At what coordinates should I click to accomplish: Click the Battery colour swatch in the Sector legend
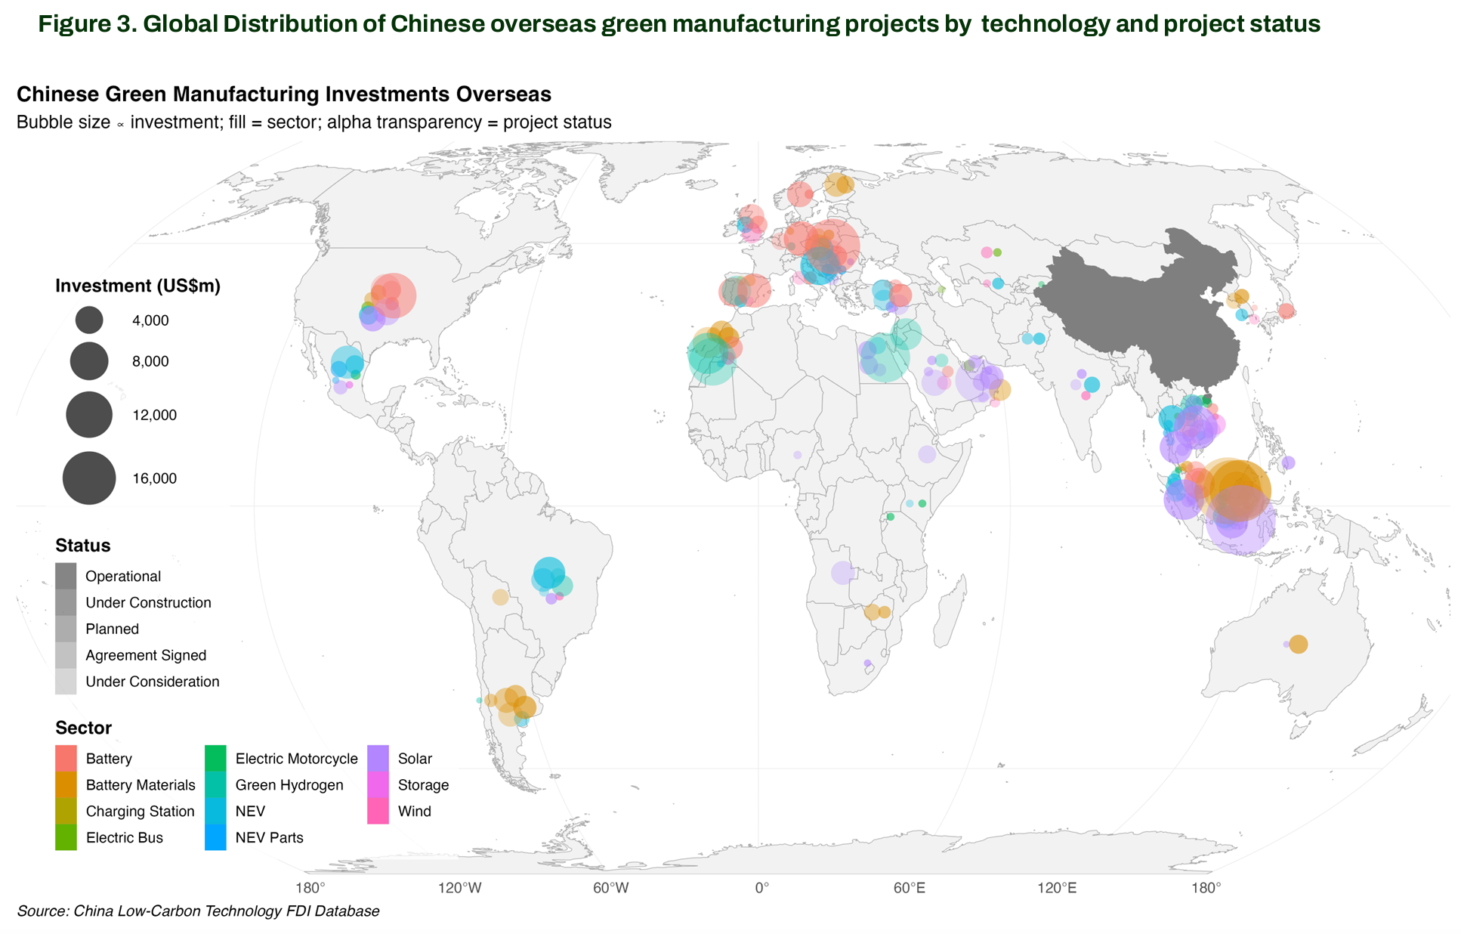(x=66, y=758)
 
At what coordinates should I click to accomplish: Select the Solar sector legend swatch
(x=378, y=758)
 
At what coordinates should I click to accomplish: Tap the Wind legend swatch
(x=378, y=811)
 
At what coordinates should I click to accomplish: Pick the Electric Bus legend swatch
(x=66, y=837)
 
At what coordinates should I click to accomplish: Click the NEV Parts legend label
(x=269, y=837)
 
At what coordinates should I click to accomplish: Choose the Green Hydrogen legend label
(x=289, y=784)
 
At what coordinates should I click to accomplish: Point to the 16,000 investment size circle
(x=89, y=478)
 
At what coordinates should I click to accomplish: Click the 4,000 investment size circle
(x=89, y=320)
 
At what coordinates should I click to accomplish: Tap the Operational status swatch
(x=66, y=576)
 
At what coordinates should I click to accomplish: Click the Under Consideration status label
(x=152, y=682)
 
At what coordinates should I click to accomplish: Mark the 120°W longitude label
(x=460, y=887)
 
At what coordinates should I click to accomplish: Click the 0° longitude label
(x=761, y=887)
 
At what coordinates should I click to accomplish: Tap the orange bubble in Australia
(x=1298, y=644)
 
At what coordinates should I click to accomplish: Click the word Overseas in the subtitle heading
(x=503, y=94)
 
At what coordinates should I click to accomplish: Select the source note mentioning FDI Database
(x=198, y=911)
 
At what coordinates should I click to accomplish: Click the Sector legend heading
(x=83, y=728)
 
